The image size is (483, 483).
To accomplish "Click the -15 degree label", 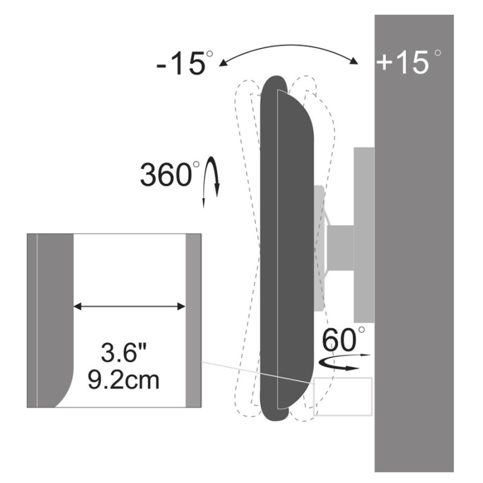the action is tap(185, 63).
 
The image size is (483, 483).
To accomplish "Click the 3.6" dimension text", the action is tap(124, 353).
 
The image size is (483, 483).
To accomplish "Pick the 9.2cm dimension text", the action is tap(124, 380).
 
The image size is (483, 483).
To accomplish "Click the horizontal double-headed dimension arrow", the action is tap(129, 307).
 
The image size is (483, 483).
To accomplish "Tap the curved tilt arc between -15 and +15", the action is tap(288, 50).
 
